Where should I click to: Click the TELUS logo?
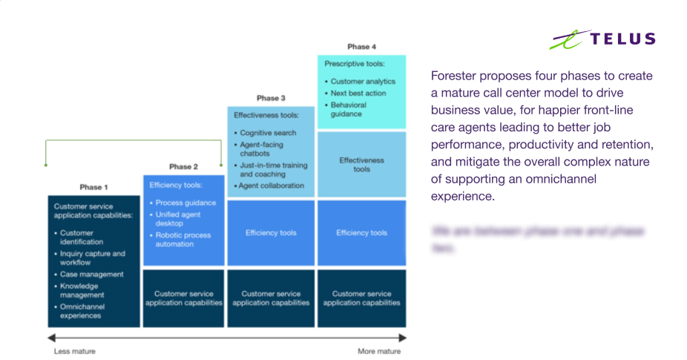point(602,39)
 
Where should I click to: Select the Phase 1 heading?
point(93,187)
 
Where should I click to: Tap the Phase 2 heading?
point(183,167)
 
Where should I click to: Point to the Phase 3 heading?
point(271,98)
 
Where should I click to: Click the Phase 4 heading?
point(361,47)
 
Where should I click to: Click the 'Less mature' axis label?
point(74,351)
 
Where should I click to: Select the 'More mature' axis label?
point(378,351)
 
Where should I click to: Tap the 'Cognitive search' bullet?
point(268,133)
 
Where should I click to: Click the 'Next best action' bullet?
point(358,94)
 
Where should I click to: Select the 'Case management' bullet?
point(91,275)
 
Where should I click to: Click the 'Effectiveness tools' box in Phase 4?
point(361,164)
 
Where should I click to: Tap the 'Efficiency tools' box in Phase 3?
point(271,233)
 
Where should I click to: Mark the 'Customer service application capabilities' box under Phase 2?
point(183,298)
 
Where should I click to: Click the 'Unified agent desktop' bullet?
point(178,218)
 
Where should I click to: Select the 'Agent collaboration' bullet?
point(272,186)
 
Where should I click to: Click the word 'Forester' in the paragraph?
point(451,76)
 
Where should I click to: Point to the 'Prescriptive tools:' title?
point(354,64)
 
